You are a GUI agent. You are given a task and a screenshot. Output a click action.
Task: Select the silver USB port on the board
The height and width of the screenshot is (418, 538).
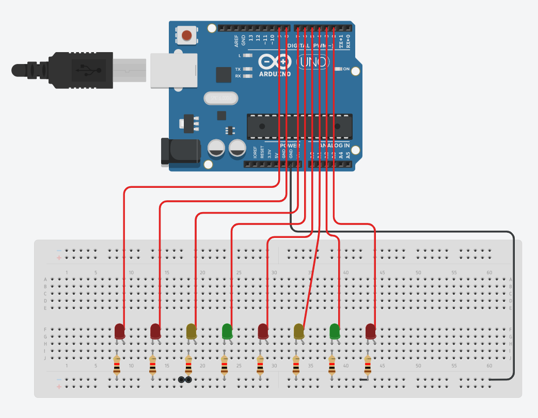coord(174,69)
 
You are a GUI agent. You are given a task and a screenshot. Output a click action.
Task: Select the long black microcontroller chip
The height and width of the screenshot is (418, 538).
coord(299,126)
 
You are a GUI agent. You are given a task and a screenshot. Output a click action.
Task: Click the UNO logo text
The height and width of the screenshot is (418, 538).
coord(313,62)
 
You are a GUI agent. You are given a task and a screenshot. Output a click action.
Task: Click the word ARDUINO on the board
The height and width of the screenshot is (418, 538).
coord(275,74)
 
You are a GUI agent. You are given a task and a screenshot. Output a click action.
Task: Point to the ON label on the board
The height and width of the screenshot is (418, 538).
coord(346,69)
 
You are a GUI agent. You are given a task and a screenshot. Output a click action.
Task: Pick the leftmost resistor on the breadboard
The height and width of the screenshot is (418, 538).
coord(117,365)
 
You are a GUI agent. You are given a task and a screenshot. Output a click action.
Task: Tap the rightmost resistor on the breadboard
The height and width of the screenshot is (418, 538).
coord(368,365)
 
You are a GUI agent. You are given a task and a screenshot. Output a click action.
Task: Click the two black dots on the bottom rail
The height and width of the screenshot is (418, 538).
coord(185,380)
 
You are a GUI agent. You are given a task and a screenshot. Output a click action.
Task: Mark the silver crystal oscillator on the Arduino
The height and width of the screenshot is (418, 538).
coord(220,98)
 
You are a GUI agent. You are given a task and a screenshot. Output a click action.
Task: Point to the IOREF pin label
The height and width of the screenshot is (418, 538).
coord(255,153)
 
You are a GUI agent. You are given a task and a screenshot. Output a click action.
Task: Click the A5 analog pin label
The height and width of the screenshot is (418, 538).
coord(348,154)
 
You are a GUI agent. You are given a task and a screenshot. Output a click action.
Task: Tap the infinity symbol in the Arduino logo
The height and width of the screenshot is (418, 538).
coord(275,62)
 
